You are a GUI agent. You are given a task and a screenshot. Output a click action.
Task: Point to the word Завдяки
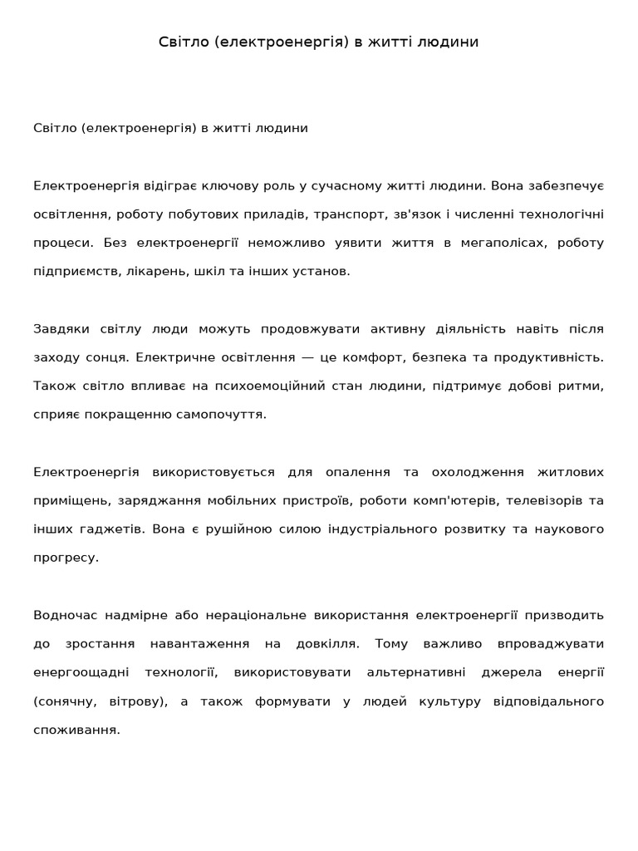click(x=61, y=328)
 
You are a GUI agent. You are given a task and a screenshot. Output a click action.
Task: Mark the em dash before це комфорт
click(x=308, y=357)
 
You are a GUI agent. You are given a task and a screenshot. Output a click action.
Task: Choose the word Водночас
click(x=66, y=615)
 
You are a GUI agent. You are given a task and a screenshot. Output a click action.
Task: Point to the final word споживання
click(x=76, y=730)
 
